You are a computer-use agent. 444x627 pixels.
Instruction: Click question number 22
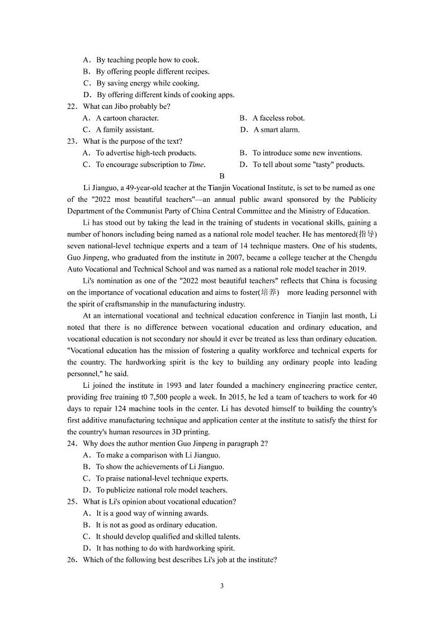pyautogui.click(x=71, y=106)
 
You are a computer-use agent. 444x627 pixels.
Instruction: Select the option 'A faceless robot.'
pyautogui.click(x=278, y=118)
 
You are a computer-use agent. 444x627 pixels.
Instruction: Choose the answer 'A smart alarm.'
pyautogui.click(x=276, y=130)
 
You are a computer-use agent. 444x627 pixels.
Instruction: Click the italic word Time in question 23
pyautogui.click(x=196, y=164)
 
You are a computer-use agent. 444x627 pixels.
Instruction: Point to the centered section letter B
pyautogui.click(x=222, y=176)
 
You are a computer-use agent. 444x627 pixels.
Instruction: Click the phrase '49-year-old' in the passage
pyautogui.click(x=140, y=188)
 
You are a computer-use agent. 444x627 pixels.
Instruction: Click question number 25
pyautogui.click(x=71, y=501)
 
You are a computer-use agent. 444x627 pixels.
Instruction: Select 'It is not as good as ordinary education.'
pyautogui.click(x=156, y=525)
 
